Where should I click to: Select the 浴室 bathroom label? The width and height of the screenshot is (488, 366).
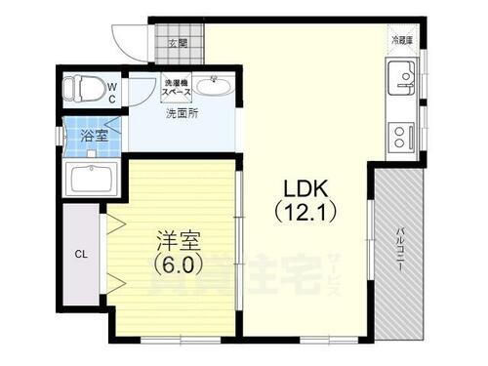point(96,136)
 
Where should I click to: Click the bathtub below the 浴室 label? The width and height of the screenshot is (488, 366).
point(91,180)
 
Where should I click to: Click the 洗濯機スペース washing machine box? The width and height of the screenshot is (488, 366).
point(177,88)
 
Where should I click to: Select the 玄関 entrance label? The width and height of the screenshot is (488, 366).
point(177,43)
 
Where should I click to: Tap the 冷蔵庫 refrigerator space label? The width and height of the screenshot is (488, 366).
point(403,40)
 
